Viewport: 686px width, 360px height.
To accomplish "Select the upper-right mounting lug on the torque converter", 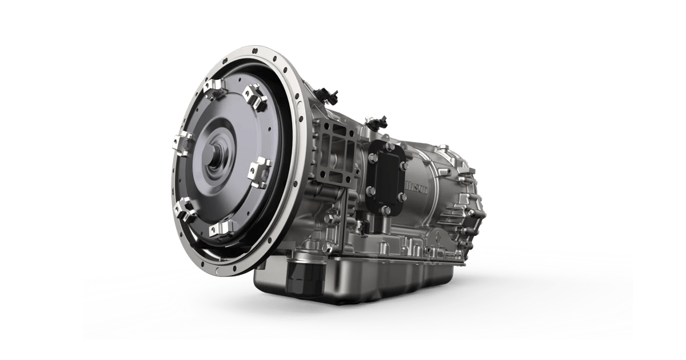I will click(255, 97).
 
